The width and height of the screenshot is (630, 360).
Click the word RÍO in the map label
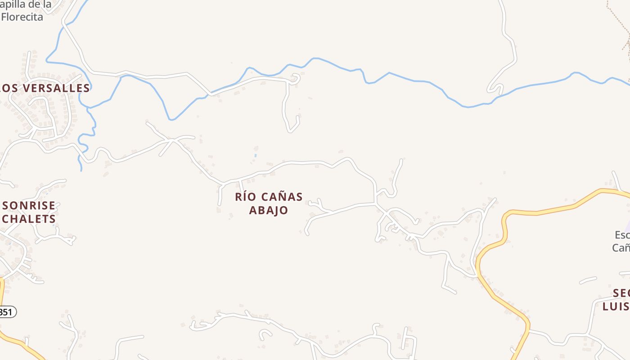point(245,197)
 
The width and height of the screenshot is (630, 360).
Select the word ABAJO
point(269,210)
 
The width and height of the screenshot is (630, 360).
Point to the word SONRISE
point(29,206)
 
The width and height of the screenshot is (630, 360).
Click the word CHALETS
point(29,219)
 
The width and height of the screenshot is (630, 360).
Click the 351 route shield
point(6,311)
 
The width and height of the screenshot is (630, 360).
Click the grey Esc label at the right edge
point(622,235)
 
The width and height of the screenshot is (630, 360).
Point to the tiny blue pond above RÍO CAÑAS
point(255,156)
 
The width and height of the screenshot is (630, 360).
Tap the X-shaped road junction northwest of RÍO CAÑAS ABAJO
point(172,141)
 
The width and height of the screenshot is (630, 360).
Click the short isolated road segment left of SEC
point(588,281)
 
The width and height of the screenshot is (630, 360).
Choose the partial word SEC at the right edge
point(621,293)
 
